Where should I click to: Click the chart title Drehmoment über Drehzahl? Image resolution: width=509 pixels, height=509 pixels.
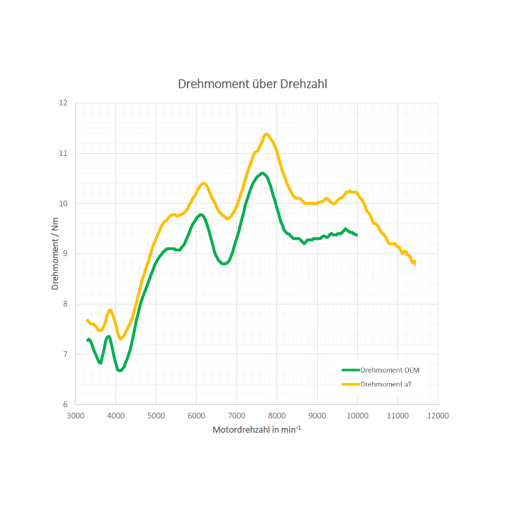(252, 84)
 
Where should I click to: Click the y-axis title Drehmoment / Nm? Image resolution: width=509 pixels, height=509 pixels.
(55, 253)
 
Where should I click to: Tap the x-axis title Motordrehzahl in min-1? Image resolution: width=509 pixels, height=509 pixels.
(257, 430)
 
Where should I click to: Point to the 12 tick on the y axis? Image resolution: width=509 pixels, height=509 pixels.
(64, 103)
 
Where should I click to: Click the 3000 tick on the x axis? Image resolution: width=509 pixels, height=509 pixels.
(76, 415)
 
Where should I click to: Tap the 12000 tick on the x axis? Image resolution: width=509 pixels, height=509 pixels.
(438, 415)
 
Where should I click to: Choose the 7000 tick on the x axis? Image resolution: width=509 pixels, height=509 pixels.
(237, 415)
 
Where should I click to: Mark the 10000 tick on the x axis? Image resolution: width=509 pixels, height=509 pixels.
(357, 415)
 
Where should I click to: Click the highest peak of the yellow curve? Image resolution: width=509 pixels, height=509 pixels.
(266, 134)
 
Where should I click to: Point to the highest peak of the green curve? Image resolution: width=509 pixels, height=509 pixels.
(262, 174)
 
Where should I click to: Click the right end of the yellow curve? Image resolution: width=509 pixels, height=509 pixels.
(414, 263)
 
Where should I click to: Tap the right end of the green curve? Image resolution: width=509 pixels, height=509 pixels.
(356, 235)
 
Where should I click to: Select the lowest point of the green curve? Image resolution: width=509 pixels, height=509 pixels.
(120, 370)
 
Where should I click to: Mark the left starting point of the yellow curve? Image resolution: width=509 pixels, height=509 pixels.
(88, 321)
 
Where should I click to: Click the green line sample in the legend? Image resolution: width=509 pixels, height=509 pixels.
(351, 370)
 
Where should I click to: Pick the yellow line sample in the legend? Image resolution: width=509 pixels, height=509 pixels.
(351, 384)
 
